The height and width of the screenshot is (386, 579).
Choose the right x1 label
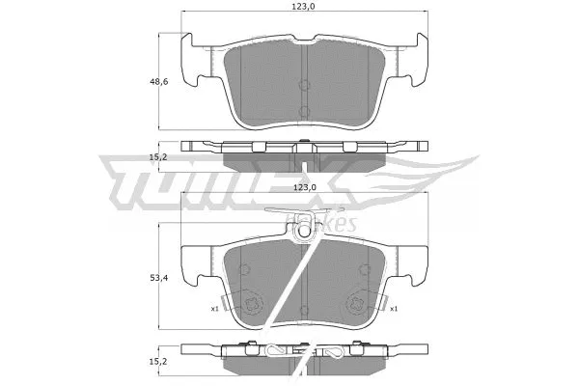394,309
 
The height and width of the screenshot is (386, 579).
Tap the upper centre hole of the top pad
304,76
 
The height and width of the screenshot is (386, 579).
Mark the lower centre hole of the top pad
304,109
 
